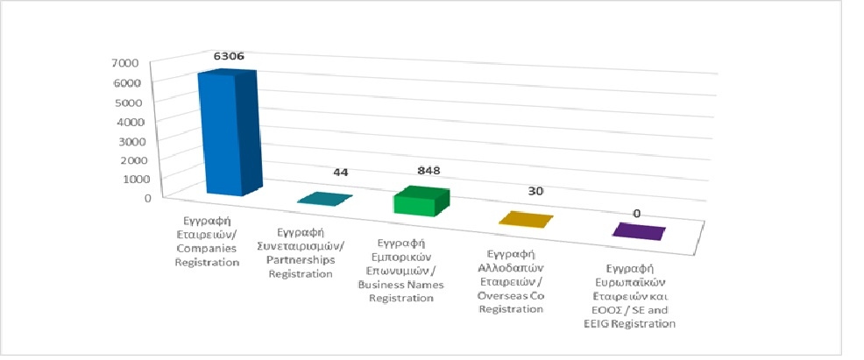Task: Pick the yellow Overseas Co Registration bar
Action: pyautogui.click(x=525, y=219)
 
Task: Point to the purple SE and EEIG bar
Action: pyautogui.click(x=638, y=231)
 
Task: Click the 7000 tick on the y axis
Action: pyautogui.click(x=125, y=64)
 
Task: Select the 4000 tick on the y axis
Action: pyautogui.click(x=126, y=122)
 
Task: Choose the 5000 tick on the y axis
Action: pyautogui.click(x=126, y=102)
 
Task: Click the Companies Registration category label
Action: pyautogui.click(x=208, y=236)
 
